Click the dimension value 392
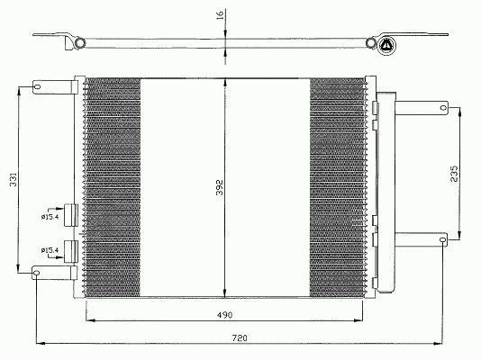[220, 187]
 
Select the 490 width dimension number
[225, 315]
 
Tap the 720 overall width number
[240, 338]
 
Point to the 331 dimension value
[14, 179]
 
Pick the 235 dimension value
[454, 174]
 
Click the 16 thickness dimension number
[221, 14]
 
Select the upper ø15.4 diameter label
[50, 217]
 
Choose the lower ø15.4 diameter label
[50, 250]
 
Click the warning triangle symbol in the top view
[386, 45]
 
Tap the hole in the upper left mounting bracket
[37, 86]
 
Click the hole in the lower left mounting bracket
[36, 273]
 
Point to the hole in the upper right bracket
[443, 107]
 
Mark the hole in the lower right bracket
[442, 239]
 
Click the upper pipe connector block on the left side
[71, 215]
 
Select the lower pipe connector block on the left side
[71, 251]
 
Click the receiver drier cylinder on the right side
[386, 192]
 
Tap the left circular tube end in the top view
[80, 42]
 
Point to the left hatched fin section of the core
[112, 187]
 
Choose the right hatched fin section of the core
[338, 187]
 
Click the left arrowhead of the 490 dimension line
[90, 320]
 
